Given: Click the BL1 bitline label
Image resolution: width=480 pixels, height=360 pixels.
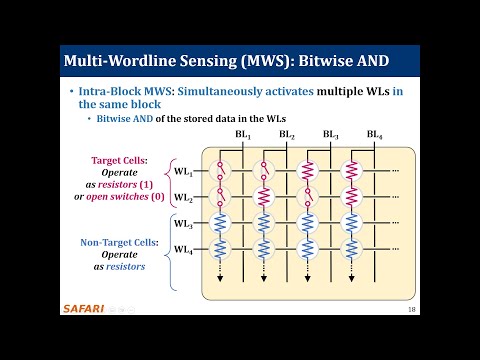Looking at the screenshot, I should [243, 133].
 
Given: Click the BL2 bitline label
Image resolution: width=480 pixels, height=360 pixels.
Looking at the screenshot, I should [287, 133].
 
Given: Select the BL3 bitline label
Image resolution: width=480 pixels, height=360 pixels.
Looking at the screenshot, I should [331, 133].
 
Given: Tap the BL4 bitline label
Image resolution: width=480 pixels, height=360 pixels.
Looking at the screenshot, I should [375, 133].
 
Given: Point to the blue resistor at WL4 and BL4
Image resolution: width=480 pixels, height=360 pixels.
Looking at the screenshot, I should [352, 248].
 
